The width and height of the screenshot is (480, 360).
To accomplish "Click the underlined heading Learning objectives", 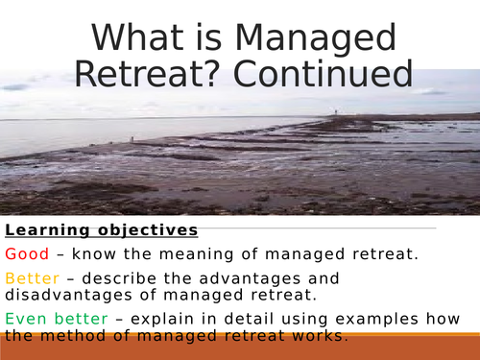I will [102, 230].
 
